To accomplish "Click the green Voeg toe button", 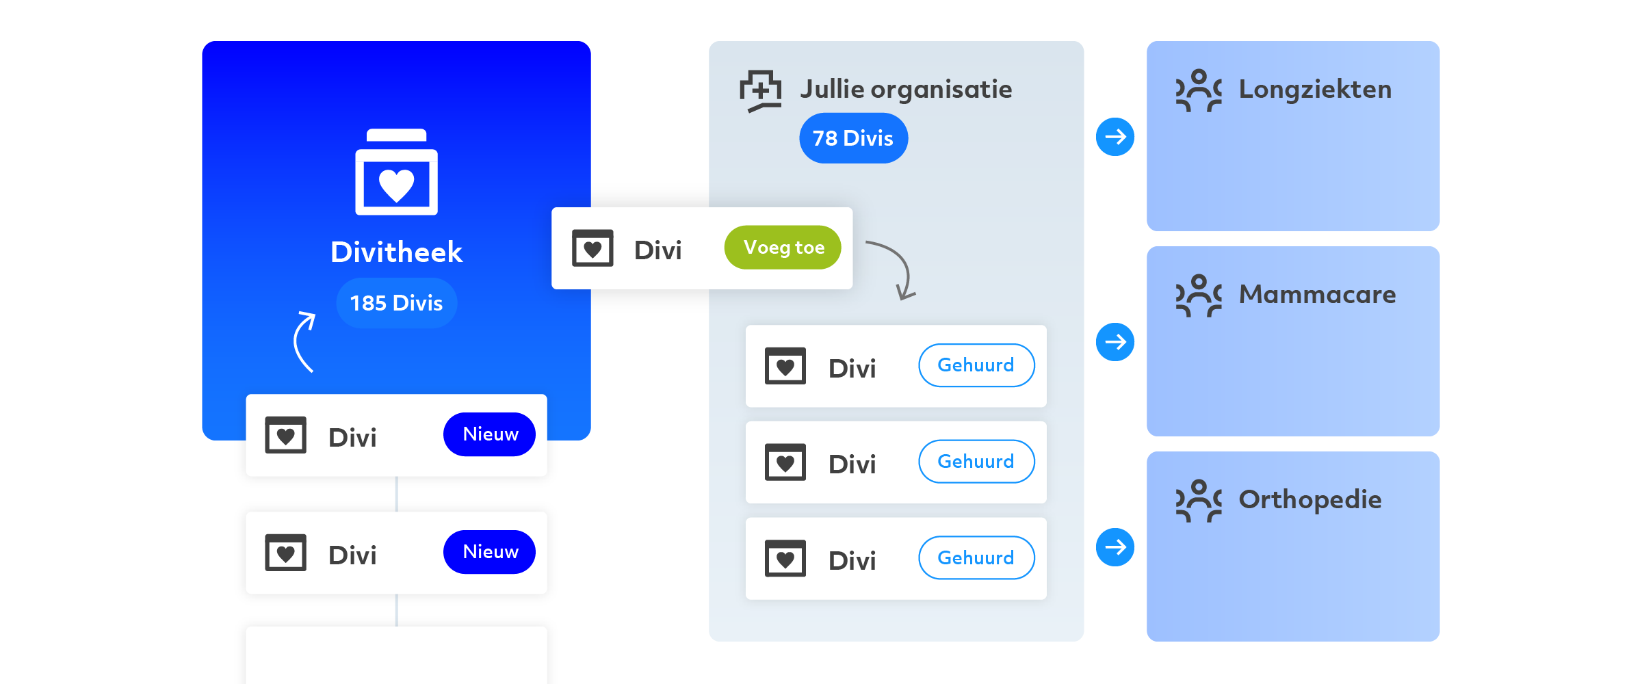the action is click(x=783, y=248).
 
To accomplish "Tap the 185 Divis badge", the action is click(x=397, y=303).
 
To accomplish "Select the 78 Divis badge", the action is click(x=853, y=138).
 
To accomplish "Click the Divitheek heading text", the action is click(x=397, y=252).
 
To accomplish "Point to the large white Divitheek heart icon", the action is click(x=397, y=172).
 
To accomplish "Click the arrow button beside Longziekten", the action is click(x=1115, y=137).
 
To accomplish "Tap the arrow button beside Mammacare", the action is click(x=1115, y=342).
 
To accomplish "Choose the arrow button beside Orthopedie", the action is click(x=1115, y=547).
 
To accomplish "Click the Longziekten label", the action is click(x=1315, y=90).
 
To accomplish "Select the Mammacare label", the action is click(x=1318, y=295).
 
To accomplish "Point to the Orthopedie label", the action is click(x=1310, y=500).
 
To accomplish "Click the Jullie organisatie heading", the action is click(x=907, y=90).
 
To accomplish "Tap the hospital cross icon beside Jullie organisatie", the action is click(x=761, y=91).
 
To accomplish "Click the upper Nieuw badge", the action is click(x=490, y=434).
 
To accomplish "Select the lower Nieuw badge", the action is click(x=490, y=552).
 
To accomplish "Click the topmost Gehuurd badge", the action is click(x=976, y=365).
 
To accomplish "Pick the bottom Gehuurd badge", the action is click(x=976, y=557).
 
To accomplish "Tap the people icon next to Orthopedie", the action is click(x=1199, y=501).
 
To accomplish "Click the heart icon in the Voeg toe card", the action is click(x=592, y=248).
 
